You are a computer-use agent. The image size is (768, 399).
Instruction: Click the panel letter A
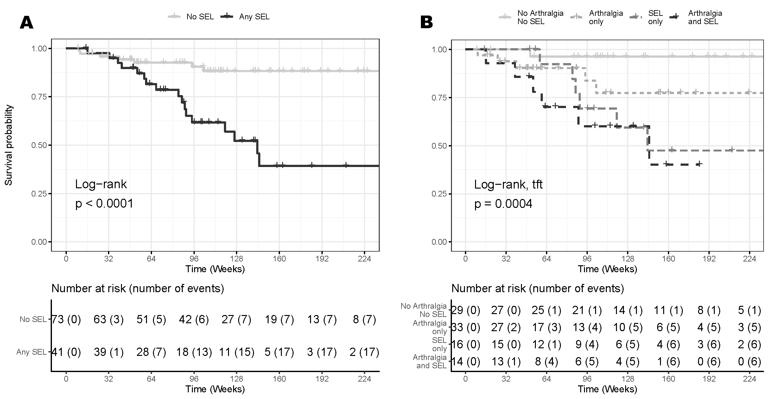[27, 23]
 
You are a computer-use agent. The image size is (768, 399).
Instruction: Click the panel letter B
[426, 23]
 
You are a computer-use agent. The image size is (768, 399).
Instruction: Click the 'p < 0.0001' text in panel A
[104, 203]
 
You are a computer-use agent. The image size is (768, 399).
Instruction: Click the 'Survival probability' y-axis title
[9, 145]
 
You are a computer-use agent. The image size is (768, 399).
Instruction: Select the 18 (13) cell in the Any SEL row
[194, 352]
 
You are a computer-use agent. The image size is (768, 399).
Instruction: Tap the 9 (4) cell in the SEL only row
[587, 344]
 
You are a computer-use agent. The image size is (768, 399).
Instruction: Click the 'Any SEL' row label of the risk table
[31, 352]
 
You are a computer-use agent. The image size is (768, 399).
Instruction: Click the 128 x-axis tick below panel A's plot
[236, 259]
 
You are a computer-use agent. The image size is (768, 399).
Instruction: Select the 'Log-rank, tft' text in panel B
[508, 184]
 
